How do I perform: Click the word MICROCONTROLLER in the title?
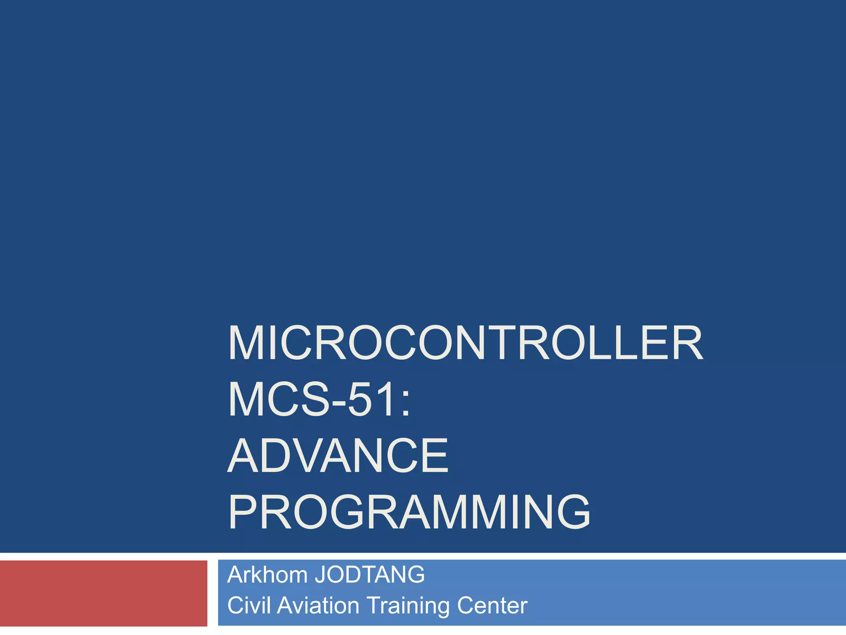pos(465,343)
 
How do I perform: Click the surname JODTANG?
pos(370,575)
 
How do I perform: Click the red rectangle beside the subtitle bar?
pos(103,593)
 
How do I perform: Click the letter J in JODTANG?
pos(320,575)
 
